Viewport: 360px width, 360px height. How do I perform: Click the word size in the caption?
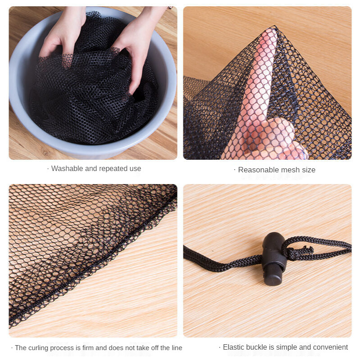[309, 170]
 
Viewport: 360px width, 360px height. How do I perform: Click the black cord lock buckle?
[273, 259]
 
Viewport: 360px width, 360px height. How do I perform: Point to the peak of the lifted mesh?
[275, 26]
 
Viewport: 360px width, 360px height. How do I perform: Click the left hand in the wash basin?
[62, 35]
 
